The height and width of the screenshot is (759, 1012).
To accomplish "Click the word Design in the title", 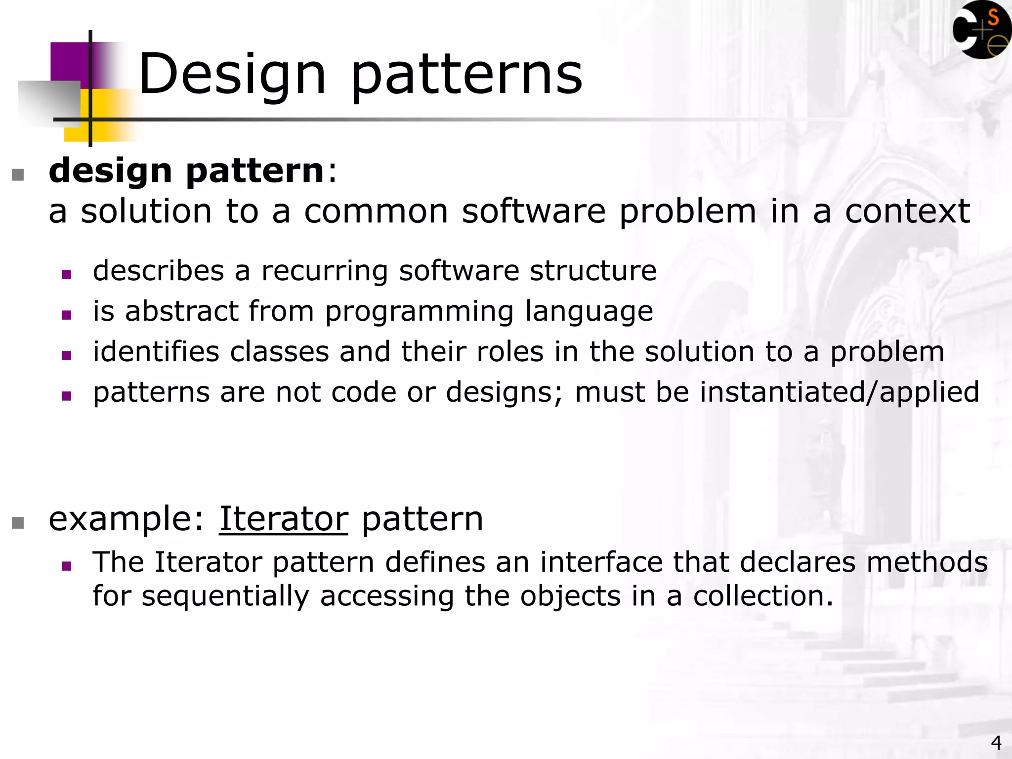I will [x=232, y=75].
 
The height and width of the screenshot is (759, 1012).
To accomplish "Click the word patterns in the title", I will [x=466, y=75].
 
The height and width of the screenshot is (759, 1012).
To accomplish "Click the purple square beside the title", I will [x=69, y=62].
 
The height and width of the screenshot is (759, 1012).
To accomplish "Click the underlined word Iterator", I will [x=284, y=519].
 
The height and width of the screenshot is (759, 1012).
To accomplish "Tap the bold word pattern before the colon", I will [x=254, y=170].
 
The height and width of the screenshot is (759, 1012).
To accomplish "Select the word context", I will [x=907, y=211].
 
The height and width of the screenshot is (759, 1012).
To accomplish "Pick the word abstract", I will [x=182, y=311].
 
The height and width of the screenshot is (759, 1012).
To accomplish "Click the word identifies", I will [x=156, y=352].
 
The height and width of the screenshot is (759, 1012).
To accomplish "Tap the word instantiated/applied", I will [x=840, y=392].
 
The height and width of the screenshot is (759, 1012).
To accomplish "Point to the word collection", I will [x=762, y=596].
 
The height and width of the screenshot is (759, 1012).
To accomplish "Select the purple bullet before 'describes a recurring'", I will [x=67, y=274].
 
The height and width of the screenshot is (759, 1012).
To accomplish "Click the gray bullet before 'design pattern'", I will [x=18, y=175].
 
